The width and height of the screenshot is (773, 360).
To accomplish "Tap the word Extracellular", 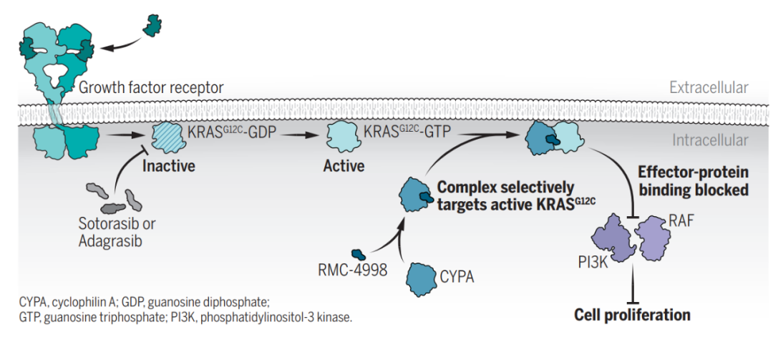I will coord(709,88).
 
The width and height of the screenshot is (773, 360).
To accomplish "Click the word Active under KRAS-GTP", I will coord(344,167).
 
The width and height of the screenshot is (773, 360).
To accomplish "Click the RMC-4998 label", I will coord(352,271).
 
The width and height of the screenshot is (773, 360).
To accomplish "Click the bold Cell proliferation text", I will coord(632,315).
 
